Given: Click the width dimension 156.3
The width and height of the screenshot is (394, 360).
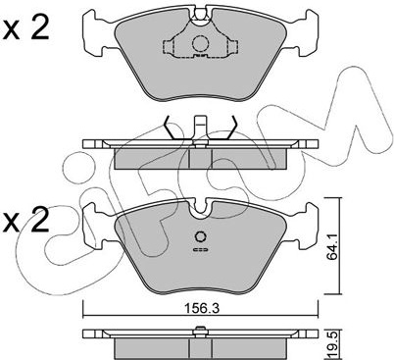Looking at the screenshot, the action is (x=201, y=308).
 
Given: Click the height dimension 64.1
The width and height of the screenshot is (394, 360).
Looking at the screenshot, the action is (x=332, y=246).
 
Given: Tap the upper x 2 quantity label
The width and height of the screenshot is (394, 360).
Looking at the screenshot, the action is (x=25, y=28).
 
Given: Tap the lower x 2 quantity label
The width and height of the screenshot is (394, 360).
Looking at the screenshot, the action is (x=25, y=220).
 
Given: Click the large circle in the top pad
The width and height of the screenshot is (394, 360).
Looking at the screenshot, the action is (x=200, y=43).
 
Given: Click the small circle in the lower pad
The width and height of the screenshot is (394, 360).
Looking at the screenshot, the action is (x=200, y=236).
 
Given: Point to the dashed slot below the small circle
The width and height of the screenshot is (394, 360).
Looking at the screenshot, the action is (x=200, y=250).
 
